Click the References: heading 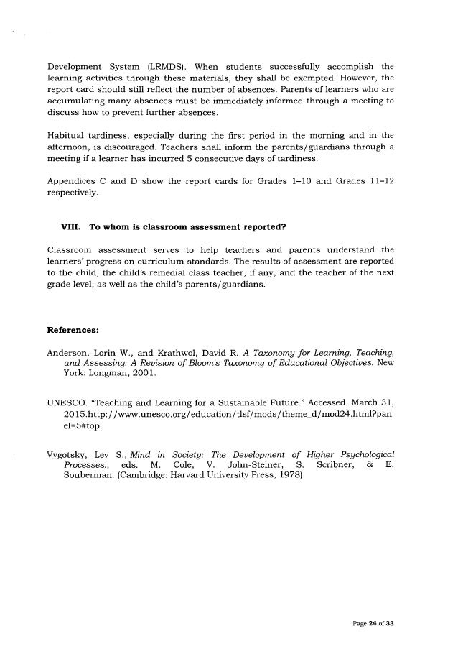point(73,331)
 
